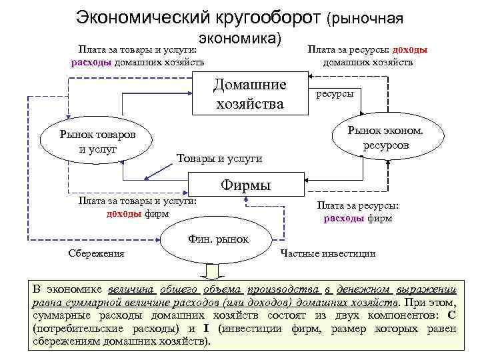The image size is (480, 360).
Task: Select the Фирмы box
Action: click(x=245, y=184)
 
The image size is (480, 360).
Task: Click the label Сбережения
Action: click(x=97, y=253)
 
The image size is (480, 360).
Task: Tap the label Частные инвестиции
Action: click(x=328, y=253)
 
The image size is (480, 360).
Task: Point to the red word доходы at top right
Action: click(x=410, y=50)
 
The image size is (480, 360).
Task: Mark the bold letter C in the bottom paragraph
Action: click(x=451, y=315)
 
